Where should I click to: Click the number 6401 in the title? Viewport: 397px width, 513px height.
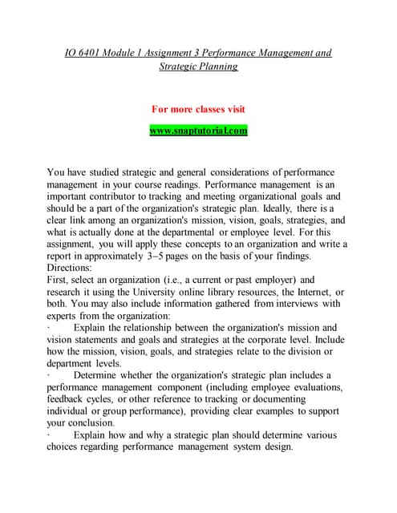click(x=94, y=53)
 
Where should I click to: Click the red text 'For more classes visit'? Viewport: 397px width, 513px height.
click(x=198, y=108)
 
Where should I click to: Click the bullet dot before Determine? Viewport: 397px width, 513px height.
click(x=49, y=375)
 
